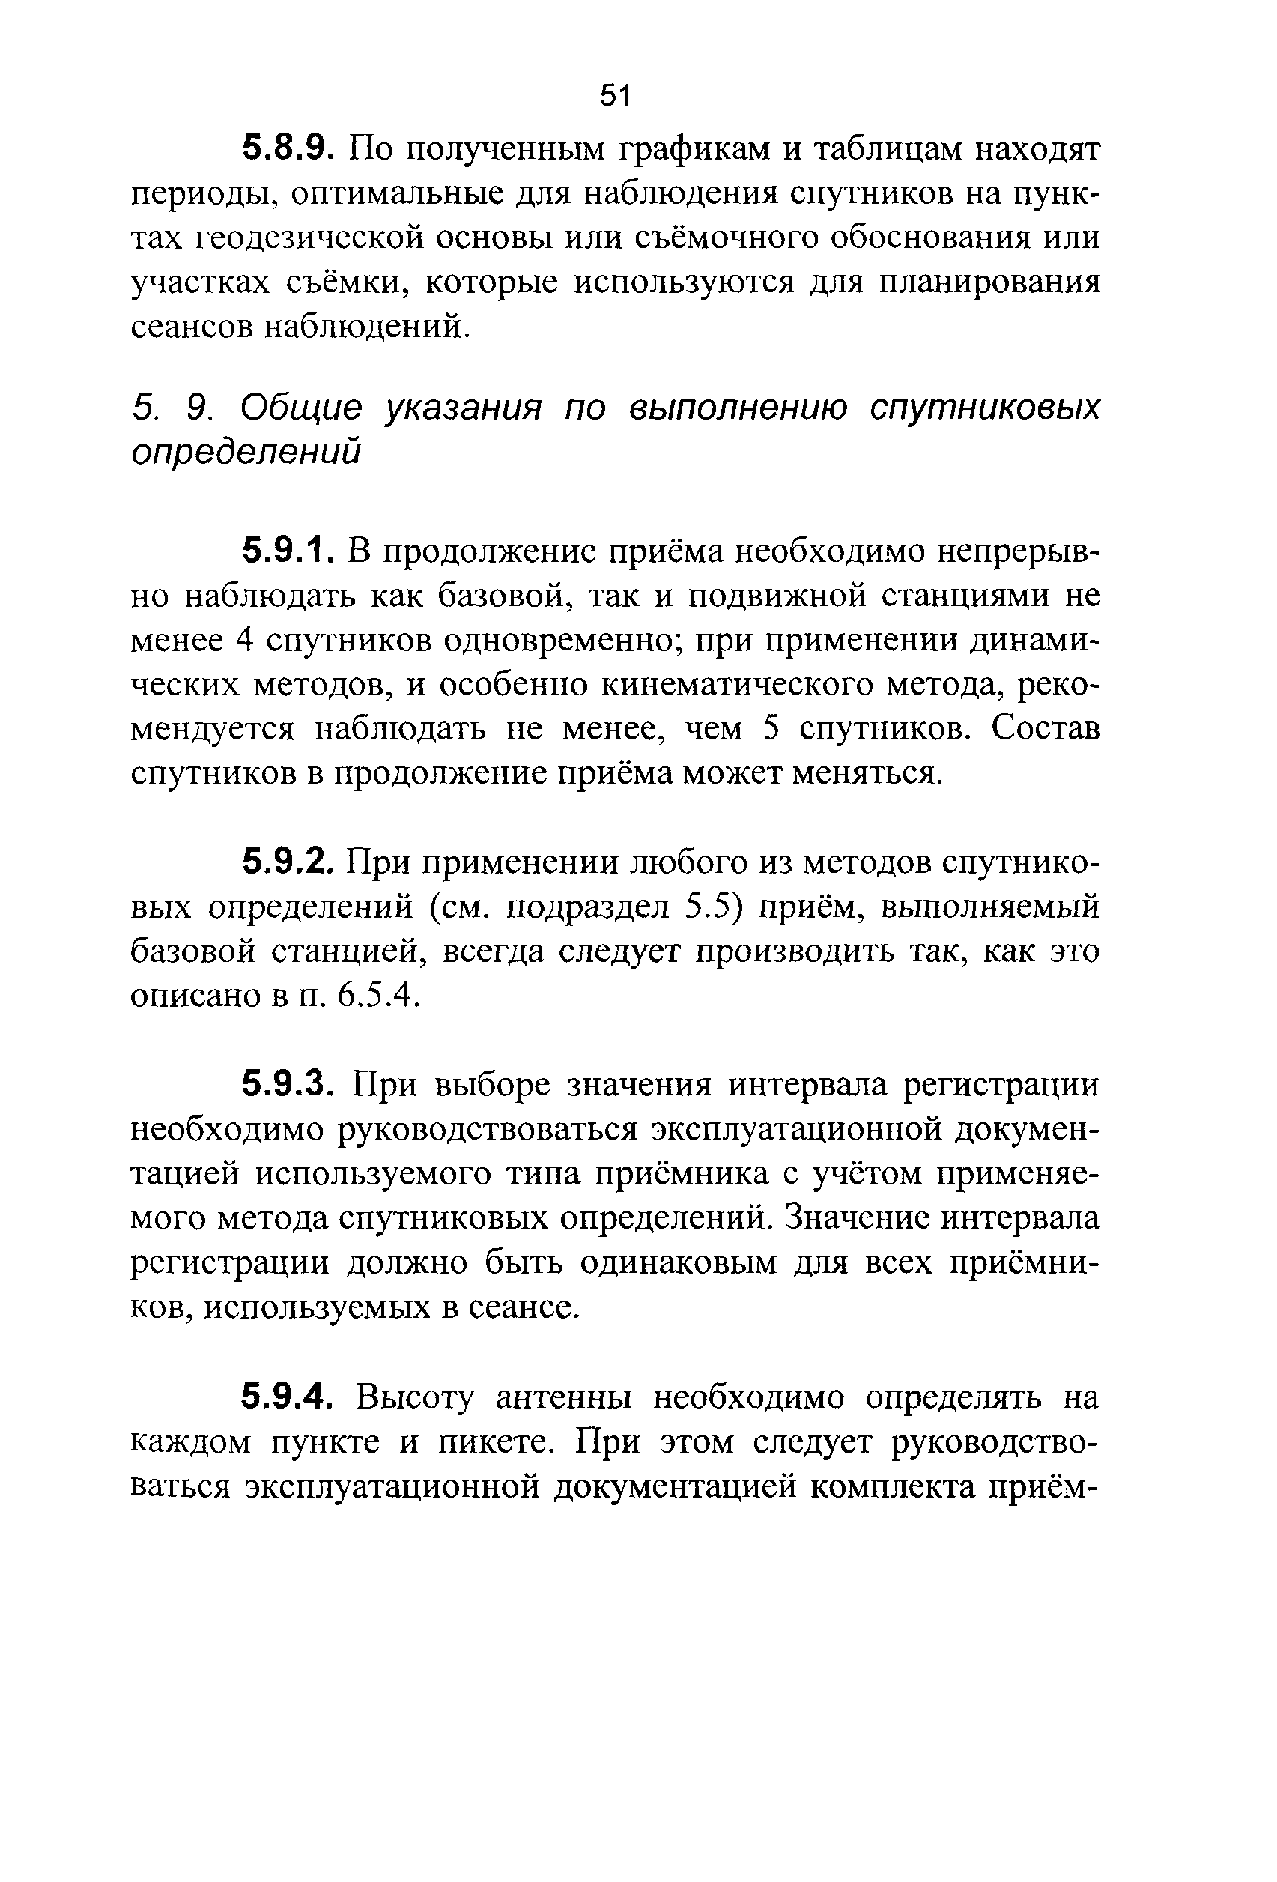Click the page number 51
[615, 96]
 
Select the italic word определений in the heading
[246, 452]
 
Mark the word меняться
[867, 773]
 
